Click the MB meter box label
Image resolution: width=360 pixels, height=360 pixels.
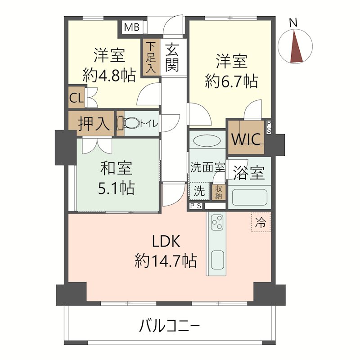tap(131, 27)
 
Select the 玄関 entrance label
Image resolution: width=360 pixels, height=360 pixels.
tap(171, 57)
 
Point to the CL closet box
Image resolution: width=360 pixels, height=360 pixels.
tap(76, 99)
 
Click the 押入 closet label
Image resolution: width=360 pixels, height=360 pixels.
tap(91, 124)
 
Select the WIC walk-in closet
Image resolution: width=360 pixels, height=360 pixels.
tap(246, 139)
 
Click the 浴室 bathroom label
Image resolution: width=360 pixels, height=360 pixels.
tap(248, 173)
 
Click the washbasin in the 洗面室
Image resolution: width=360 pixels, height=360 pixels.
tap(207, 140)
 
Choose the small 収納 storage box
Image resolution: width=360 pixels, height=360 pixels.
tap(219, 191)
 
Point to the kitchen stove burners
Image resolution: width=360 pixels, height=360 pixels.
tap(217, 222)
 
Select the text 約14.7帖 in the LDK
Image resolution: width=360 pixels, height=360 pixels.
tap(166, 261)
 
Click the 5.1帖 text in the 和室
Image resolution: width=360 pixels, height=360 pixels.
tap(116, 188)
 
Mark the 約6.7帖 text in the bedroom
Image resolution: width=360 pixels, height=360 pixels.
tap(231, 81)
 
